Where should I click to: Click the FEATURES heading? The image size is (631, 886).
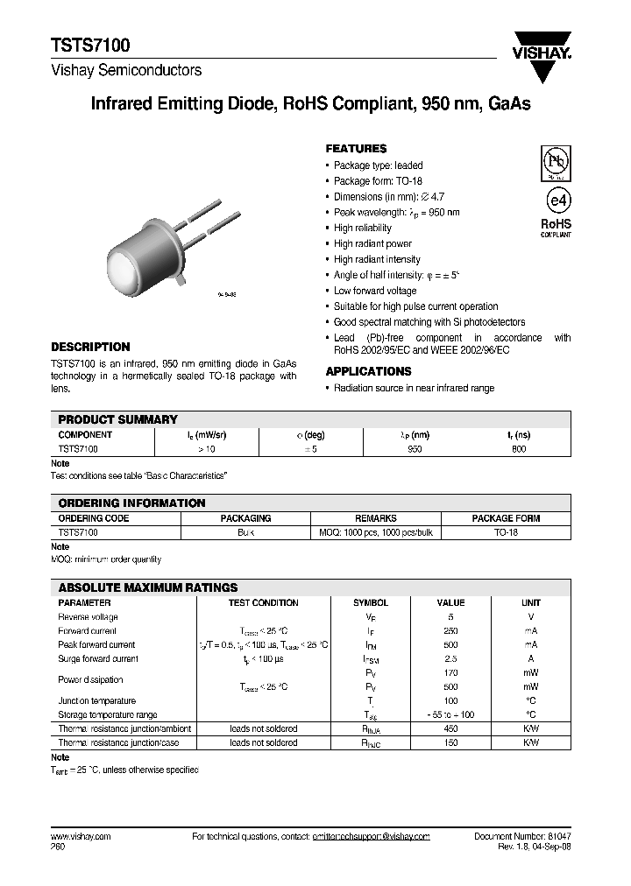point(356,149)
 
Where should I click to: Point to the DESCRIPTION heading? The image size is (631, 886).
point(90,347)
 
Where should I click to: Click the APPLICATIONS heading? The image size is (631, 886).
point(368,371)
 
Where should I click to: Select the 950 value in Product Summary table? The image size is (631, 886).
point(415,448)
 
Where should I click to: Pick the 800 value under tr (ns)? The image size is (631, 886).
point(518,448)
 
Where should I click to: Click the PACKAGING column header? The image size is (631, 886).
point(245,518)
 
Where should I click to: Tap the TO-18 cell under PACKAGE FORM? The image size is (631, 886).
point(506,532)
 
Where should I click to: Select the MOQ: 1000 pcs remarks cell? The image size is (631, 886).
point(375,532)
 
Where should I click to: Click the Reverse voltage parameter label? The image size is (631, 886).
point(88,616)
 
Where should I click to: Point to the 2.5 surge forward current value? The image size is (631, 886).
point(450,658)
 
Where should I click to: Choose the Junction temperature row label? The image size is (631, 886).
point(97,700)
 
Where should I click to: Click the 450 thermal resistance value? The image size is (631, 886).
point(450,728)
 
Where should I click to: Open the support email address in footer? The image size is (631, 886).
point(371,837)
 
